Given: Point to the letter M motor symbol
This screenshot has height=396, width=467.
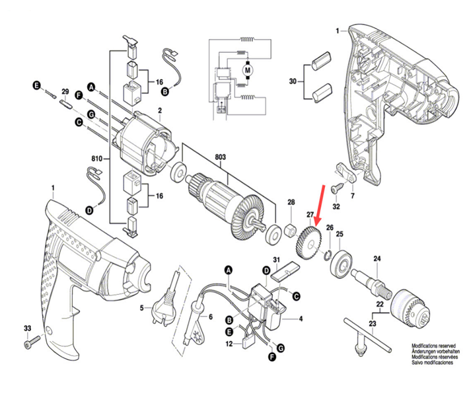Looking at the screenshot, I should [248, 69].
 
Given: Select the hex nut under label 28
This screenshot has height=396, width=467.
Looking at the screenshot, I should [289, 230].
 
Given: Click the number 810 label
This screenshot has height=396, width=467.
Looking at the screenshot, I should [97, 159].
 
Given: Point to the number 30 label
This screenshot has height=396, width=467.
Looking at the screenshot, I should [293, 81].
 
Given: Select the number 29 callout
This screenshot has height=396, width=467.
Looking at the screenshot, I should [65, 91].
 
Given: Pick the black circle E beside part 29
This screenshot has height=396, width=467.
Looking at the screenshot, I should [38, 85].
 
